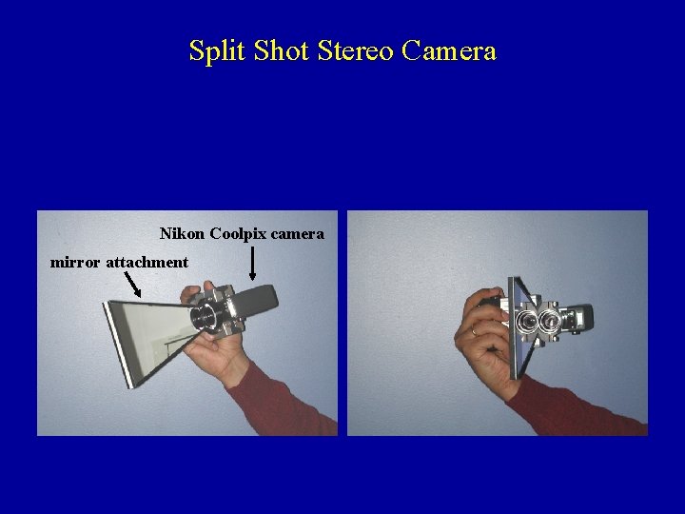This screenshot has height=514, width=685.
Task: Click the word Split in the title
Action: pos(217,51)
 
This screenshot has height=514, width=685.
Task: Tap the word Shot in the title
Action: pos(282,50)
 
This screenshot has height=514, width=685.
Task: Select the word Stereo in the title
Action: pos(355,50)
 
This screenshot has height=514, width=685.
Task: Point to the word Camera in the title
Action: pos(449,51)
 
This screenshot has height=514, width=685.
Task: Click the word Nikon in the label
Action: pos(182,233)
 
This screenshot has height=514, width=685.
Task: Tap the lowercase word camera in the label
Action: pos(298,235)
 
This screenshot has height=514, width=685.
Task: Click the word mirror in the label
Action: pos(75,263)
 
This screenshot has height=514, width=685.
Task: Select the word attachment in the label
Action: pos(147,262)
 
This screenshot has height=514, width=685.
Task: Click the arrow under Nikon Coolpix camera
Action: pos(252,263)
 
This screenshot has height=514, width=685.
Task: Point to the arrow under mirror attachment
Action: pos(132,284)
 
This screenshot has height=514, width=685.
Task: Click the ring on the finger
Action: pos(475,331)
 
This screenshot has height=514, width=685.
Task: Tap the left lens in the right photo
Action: pos(526,323)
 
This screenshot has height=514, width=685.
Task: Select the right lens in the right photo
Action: pos(550,323)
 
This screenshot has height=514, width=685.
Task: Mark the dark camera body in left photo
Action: pos(255,301)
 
